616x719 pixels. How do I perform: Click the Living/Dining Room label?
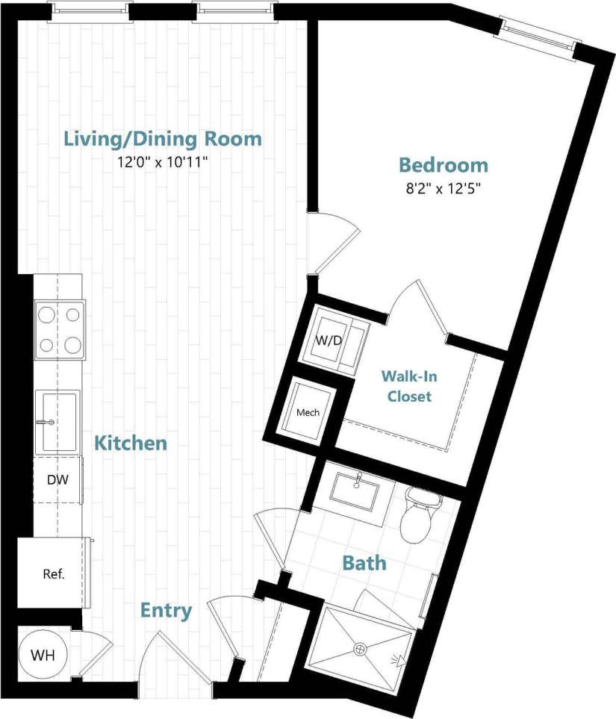click(162, 139)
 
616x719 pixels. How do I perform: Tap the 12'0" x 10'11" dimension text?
click(162, 162)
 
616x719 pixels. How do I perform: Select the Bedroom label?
click(443, 165)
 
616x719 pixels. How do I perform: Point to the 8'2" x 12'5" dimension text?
click(443, 188)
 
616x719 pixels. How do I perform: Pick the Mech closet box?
click(308, 412)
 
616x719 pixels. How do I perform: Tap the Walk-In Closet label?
click(408, 386)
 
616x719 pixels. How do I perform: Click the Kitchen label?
click(130, 443)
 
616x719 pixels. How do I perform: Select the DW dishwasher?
click(57, 479)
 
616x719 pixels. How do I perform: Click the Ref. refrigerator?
click(52, 573)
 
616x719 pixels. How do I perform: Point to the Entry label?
click(166, 611)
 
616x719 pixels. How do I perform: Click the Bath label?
click(364, 563)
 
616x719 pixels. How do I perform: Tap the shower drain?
click(361, 650)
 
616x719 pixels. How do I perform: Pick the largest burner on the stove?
click(73, 345)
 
